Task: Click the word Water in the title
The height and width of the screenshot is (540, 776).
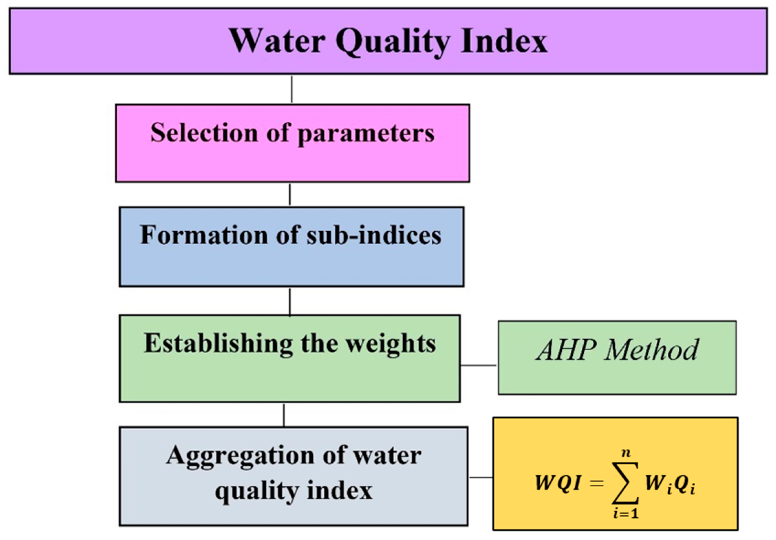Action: coord(277,41)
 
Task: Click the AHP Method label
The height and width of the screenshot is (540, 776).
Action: coord(617,350)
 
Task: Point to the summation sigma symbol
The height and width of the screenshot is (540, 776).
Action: coord(625,483)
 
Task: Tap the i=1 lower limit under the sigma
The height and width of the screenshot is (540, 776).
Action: coord(626,514)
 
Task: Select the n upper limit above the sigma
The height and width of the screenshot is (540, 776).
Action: coord(626,453)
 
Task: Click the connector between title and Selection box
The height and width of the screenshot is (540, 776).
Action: coord(292,89)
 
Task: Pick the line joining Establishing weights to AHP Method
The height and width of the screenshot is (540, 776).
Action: coord(478,365)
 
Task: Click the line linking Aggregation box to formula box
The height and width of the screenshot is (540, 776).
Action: coord(481,477)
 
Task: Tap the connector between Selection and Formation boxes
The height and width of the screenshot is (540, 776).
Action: coord(290,195)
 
